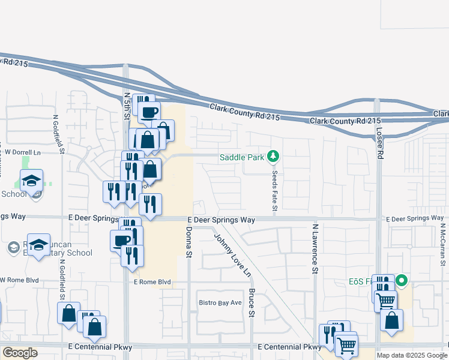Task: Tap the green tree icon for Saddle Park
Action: click(x=274, y=157)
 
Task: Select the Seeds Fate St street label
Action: click(x=274, y=188)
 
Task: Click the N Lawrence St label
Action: click(x=314, y=249)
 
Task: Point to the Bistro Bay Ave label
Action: click(x=220, y=302)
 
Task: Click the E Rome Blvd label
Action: click(x=152, y=281)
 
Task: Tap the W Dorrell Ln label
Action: click(x=20, y=152)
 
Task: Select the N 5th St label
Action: click(x=127, y=106)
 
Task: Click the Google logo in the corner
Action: click(x=20, y=353)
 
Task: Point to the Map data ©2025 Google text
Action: click(x=412, y=355)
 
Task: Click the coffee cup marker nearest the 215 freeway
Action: click(x=149, y=111)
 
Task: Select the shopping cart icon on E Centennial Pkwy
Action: click(x=346, y=344)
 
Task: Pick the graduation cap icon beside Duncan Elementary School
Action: click(x=38, y=244)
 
